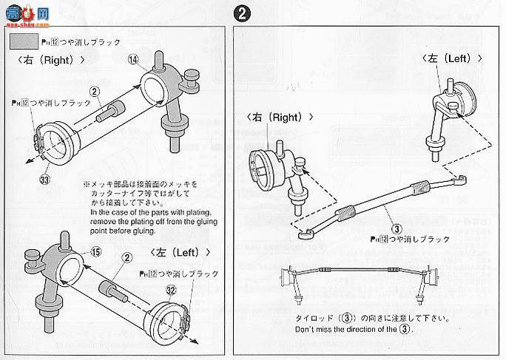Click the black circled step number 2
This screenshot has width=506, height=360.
240,13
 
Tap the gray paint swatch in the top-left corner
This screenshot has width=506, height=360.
25,42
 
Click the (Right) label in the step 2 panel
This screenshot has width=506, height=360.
280,117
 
